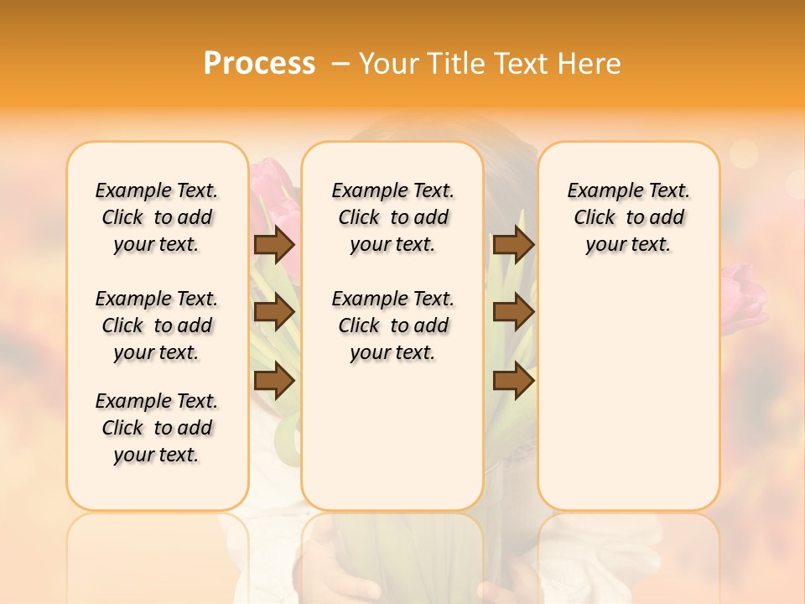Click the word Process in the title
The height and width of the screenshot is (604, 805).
259,64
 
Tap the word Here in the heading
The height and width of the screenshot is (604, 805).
588,64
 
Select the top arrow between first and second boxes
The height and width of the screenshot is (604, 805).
273,244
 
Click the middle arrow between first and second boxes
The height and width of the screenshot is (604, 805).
273,312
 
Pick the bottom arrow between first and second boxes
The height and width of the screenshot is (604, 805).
273,381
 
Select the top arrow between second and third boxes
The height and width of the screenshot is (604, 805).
513,244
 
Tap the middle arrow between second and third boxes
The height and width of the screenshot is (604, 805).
513,312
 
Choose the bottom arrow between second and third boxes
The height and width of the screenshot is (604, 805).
513,381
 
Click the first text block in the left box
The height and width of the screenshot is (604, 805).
157,217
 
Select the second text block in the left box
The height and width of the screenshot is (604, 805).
157,325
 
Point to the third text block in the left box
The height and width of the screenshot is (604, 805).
157,428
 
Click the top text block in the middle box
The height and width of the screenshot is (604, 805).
393,217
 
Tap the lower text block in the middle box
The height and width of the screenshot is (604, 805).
393,325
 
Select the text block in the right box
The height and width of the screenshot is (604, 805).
629,217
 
